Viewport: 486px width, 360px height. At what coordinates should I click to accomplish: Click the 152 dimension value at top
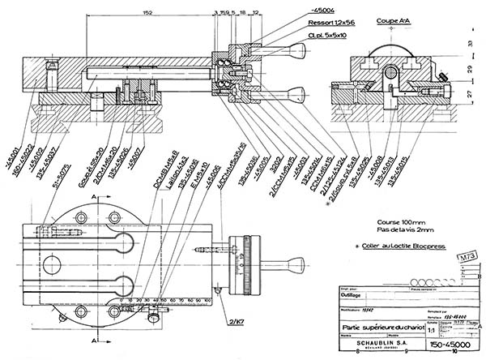pyautogui.click(x=147, y=13)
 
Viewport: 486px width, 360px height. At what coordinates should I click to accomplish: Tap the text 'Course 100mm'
pyautogui.click(x=402, y=221)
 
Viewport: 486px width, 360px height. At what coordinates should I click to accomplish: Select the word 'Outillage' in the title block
pyautogui.click(x=354, y=296)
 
